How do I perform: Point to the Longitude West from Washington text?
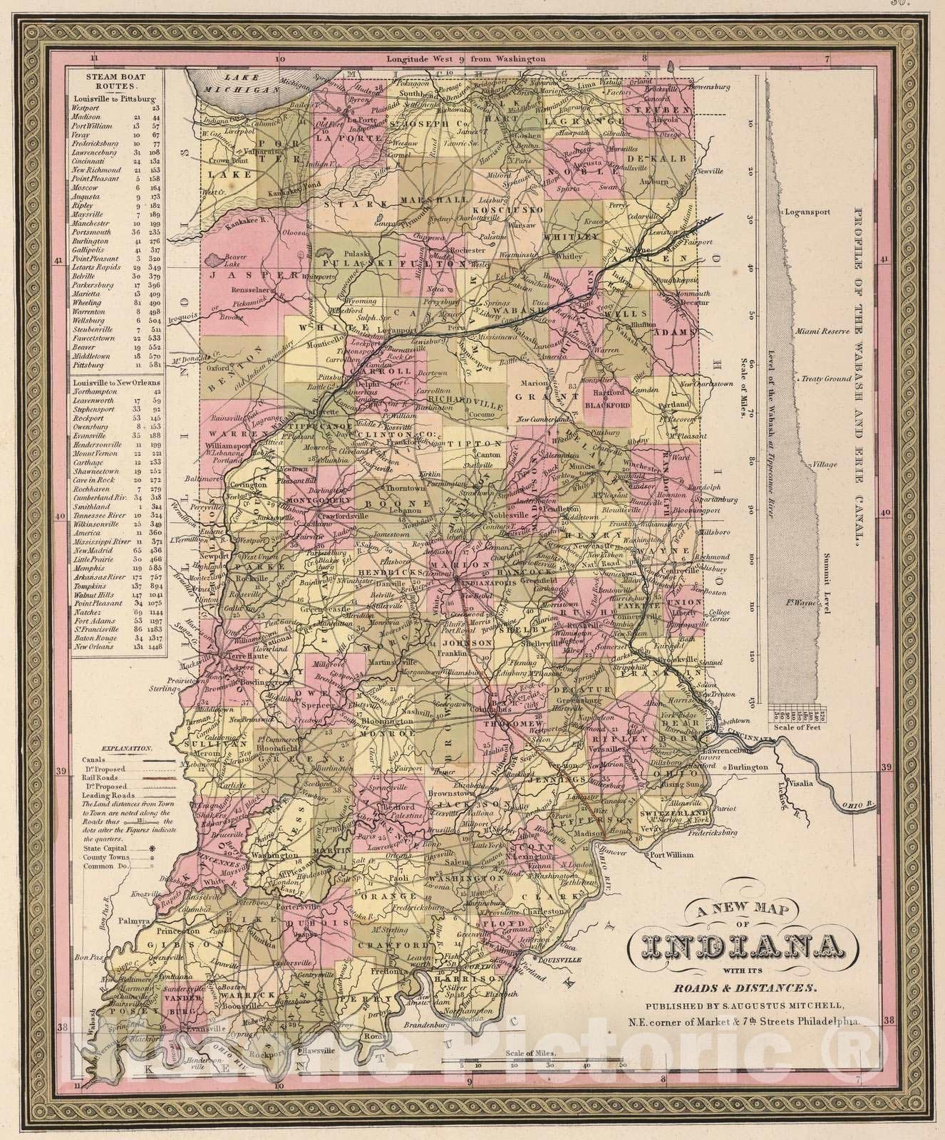[466, 60]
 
